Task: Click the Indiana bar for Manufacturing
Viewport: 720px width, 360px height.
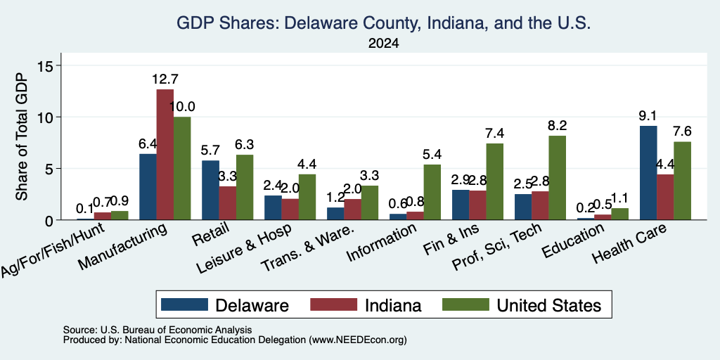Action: [x=165, y=154]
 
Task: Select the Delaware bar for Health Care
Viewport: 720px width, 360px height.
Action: [x=648, y=173]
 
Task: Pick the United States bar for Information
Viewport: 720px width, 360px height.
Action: [x=432, y=192]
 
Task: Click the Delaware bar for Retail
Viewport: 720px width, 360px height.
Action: [x=210, y=190]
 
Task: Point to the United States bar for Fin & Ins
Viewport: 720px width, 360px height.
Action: [x=494, y=182]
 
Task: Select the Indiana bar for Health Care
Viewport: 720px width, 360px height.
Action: [x=665, y=197]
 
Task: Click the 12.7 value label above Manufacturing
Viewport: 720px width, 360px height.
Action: [x=165, y=79]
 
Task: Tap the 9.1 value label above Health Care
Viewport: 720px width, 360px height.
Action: [x=648, y=116]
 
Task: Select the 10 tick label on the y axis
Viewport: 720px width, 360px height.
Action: [x=48, y=117]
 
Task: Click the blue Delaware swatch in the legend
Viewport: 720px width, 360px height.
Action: [x=185, y=304]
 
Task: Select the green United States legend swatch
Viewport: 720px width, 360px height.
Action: [x=465, y=304]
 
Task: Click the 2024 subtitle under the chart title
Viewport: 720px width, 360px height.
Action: [x=383, y=44]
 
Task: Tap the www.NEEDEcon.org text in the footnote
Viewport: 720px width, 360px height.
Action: [x=358, y=340]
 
